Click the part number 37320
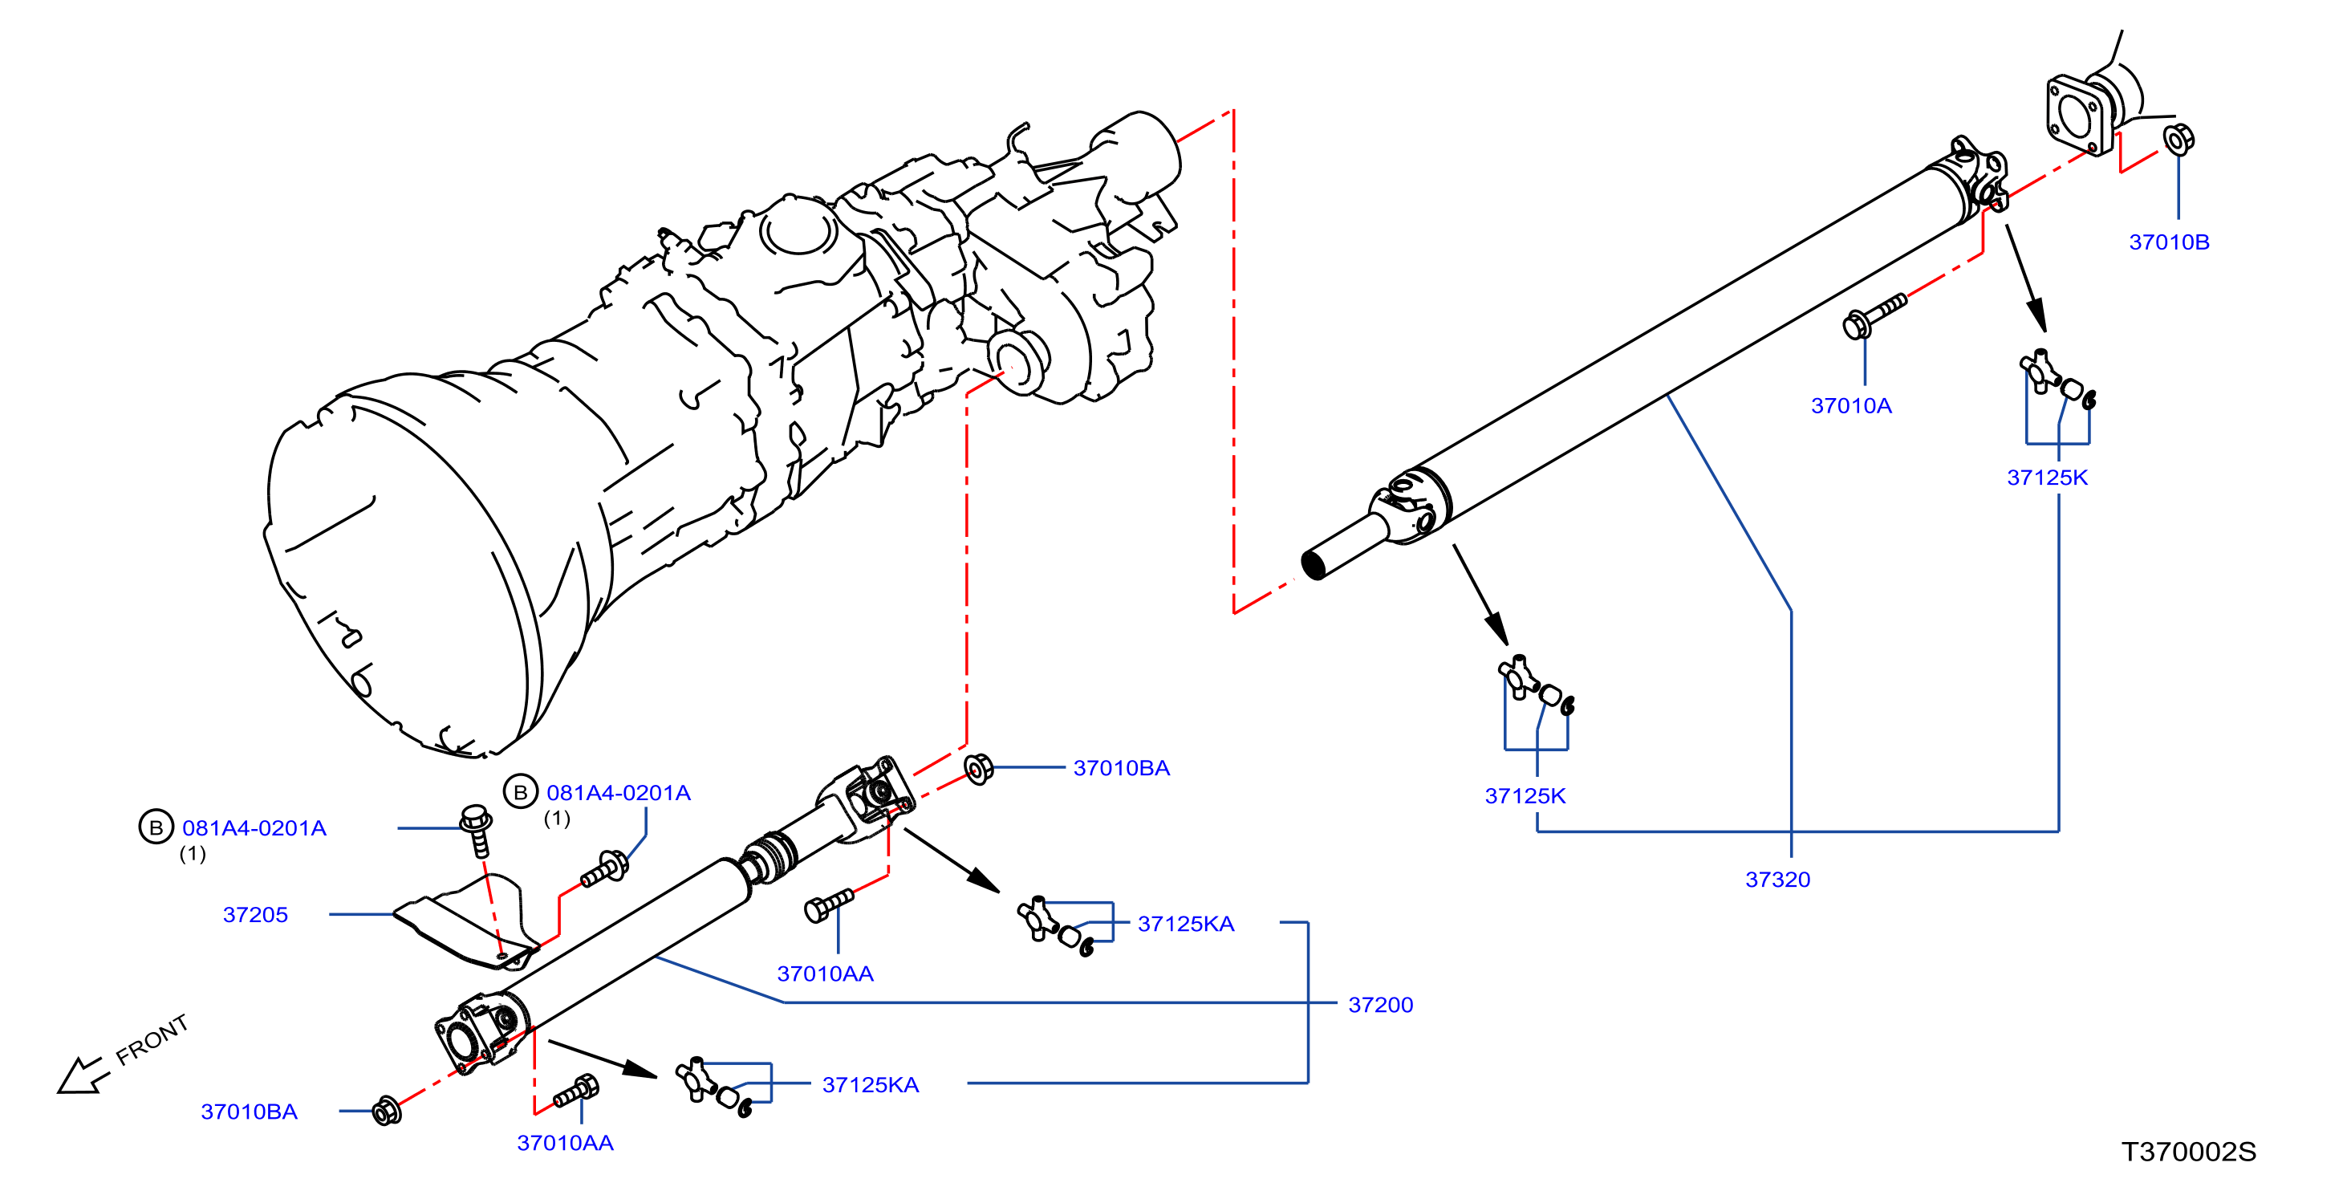click(1776, 880)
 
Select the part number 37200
click(1380, 1004)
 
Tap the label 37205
click(255, 914)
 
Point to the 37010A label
click(1850, 405)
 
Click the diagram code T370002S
click(2188, 1151)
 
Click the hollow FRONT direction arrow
click(82, 1075)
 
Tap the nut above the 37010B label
click(2178, 140)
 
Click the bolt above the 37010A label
click(1874, 315)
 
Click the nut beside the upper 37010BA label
click(977, 768)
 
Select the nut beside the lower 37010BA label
click(386, 1111)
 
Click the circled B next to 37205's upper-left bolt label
click(156, 827)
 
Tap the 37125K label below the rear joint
click(2046, 478)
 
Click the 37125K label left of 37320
click(1525, 795)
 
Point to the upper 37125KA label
click(1185, 923)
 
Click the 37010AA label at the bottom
click(565, 1143)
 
